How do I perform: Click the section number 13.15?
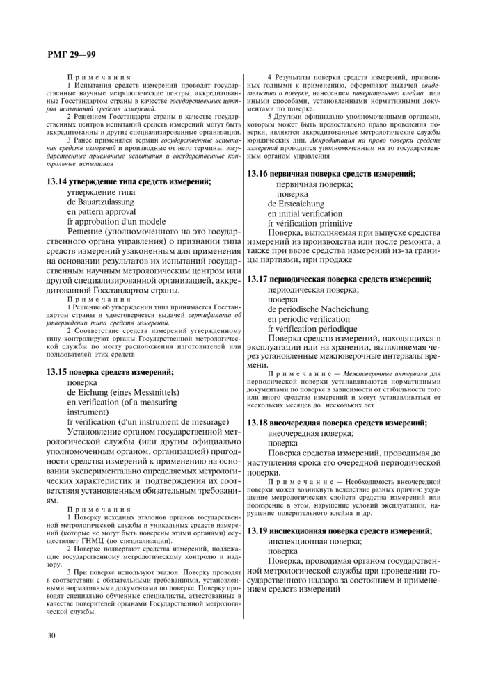pyautogui.click(x=58, y=372)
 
